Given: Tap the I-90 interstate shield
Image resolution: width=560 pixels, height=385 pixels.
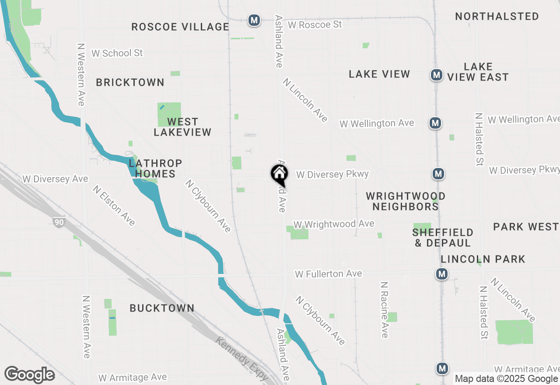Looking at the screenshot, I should point(59,222).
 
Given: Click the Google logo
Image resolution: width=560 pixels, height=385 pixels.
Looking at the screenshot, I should point(29,375).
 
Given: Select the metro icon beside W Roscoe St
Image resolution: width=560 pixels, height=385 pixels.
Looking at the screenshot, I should point(254,20).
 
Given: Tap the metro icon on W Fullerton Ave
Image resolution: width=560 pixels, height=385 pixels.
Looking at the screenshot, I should point(442,274).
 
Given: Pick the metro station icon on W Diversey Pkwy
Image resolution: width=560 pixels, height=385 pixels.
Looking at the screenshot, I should point(438,174).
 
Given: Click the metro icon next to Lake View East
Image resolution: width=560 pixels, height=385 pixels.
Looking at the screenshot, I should point(436,75).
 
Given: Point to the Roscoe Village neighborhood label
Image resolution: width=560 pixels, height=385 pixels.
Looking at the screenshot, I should point(180,27).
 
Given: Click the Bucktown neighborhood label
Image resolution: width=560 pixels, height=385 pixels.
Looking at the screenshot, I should point(162,308).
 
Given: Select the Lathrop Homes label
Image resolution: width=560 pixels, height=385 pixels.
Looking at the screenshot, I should point(155,168).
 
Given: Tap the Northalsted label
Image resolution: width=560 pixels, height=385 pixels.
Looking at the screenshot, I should point(497,17).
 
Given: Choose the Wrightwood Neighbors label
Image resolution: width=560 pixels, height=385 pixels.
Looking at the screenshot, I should point(406,201).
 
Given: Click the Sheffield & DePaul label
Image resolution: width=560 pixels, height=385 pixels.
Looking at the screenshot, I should point(443,238).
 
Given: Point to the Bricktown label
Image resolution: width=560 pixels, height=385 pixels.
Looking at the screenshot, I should point(130,82).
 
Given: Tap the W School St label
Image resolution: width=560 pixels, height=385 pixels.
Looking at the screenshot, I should point(117,53).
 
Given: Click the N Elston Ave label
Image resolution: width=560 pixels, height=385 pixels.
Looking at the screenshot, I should point(114,205).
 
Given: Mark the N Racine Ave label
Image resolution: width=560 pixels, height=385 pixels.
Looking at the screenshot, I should point(384,309).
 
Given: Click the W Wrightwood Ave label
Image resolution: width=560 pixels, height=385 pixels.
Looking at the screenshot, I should point(334,224).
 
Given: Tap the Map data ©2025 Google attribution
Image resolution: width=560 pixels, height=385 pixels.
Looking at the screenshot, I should point(506,379).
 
